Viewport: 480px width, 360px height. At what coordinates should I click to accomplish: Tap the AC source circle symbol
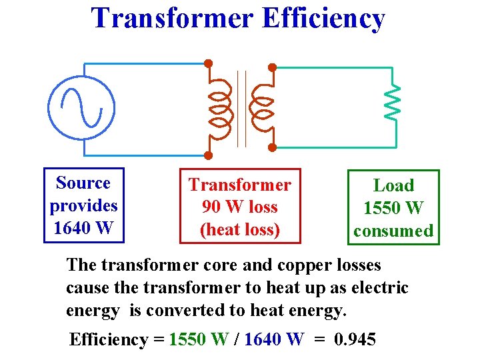click(81, 107)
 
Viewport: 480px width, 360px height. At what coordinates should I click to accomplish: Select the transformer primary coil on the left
click(220, 107)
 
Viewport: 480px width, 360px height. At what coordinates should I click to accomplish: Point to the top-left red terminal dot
click(208, 63)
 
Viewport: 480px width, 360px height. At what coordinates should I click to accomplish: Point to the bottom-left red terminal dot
click(208, 155)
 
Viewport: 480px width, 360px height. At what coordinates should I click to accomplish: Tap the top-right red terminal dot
click(272, 67)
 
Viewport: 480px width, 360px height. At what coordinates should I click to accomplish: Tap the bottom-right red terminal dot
click(272, 147)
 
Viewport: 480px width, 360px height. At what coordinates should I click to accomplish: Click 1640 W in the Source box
click(83, 228)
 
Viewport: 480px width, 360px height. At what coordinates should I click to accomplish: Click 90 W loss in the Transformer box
click(239, 207)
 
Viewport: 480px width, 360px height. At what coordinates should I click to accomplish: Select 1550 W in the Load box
click(393, 209)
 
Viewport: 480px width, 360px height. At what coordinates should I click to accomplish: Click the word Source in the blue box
click(83, 183)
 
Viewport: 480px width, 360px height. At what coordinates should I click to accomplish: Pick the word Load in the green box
click(393, 186)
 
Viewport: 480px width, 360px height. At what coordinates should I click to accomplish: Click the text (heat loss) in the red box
click(239, 230)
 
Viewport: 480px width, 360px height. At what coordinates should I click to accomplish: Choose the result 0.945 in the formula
click(355, 339)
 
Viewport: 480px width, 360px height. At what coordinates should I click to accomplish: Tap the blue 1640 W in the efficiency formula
click(274, 339)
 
